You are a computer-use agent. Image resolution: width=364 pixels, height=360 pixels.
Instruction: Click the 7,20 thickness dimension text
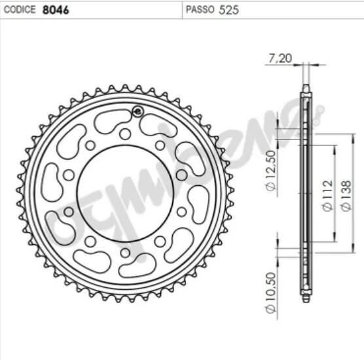tap(279, 58)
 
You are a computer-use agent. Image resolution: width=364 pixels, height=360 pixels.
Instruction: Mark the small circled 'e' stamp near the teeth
tap(137, 111)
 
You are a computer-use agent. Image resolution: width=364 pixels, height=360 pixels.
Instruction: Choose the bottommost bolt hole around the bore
tap(125, 253)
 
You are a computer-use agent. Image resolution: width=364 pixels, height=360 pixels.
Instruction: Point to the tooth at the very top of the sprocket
tap(124, 87)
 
